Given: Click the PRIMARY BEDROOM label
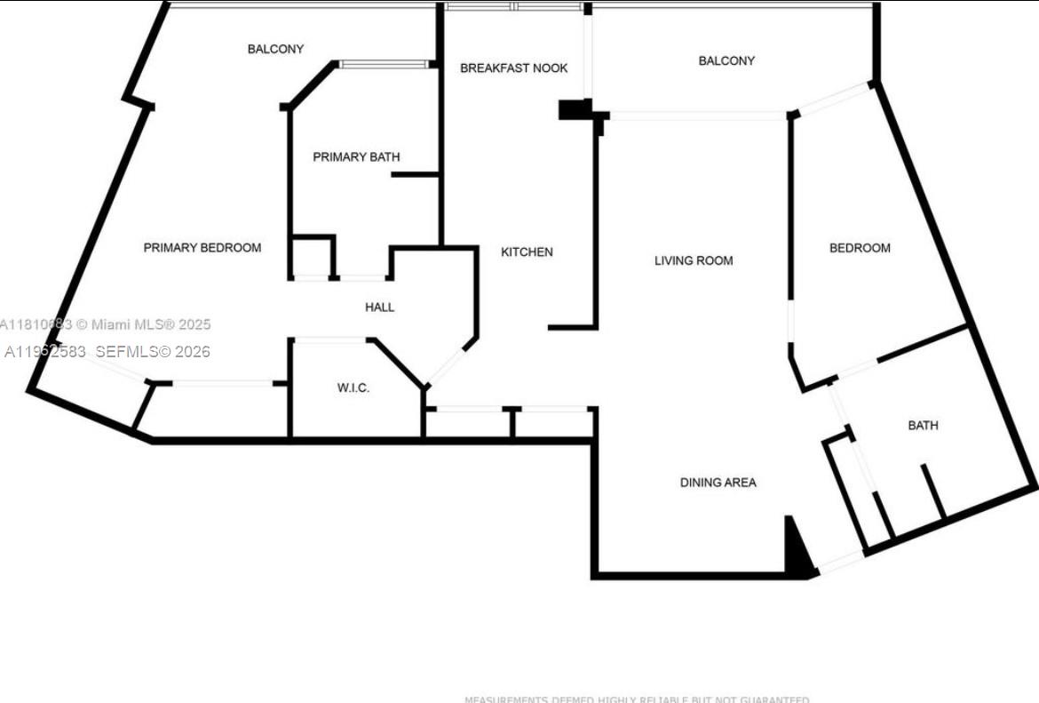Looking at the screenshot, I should (x=202, y=248).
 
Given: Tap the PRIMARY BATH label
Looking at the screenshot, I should (x=356, y=157).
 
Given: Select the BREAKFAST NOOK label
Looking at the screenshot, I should (x=513, y=68).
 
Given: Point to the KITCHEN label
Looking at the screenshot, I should (x=527, y=252).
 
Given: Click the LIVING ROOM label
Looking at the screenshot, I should (x=694, y=261).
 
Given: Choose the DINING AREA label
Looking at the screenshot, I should (x=718, y=483).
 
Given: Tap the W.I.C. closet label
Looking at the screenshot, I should (x=353, y=388).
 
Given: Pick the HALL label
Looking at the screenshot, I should (x=379, y=308).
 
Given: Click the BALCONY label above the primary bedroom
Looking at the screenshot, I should (x=275, y=50).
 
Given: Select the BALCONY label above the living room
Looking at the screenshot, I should (x=726, y=61).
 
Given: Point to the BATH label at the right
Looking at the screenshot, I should (x=923, y=426).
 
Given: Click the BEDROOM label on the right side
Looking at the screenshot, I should (x=860, y=248).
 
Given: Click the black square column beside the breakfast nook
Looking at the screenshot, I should (x=574, y=109).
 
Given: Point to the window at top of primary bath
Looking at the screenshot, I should (x=384, y=64).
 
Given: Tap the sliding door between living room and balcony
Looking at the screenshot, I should (x=697, y=116).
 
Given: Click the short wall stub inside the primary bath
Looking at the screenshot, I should (x=415, y=175).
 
